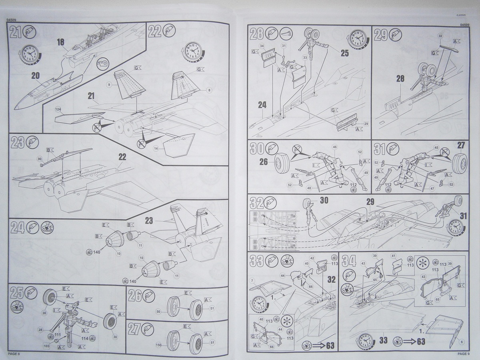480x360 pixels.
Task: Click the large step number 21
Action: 16,32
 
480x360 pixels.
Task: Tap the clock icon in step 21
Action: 30,54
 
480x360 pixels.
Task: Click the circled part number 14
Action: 156,148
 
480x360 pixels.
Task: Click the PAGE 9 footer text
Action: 464,354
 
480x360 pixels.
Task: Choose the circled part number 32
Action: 440,36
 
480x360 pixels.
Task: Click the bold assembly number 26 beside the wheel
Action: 264,162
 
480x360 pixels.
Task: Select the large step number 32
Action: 256,203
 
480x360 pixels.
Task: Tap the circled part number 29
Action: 366,124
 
